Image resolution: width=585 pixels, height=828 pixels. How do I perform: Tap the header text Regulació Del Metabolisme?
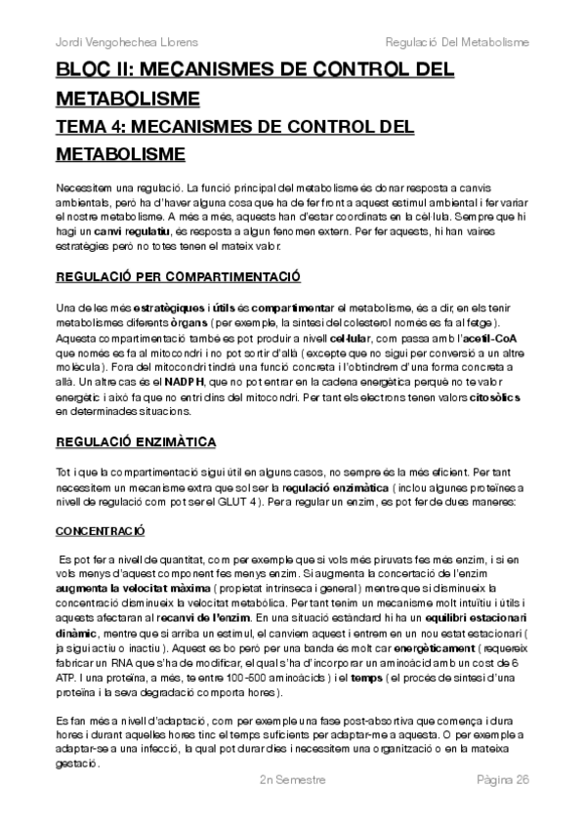point(457,43)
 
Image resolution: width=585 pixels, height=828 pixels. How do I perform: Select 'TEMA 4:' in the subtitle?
point(93,127)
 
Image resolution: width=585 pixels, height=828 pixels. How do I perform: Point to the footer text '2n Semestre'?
point(292,807)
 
